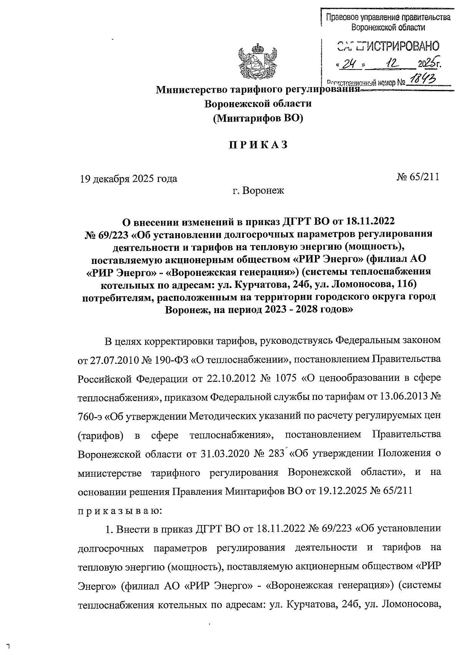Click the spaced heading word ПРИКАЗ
click(258, 145)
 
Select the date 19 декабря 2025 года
click(128, 179)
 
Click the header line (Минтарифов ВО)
click(258, 118)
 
